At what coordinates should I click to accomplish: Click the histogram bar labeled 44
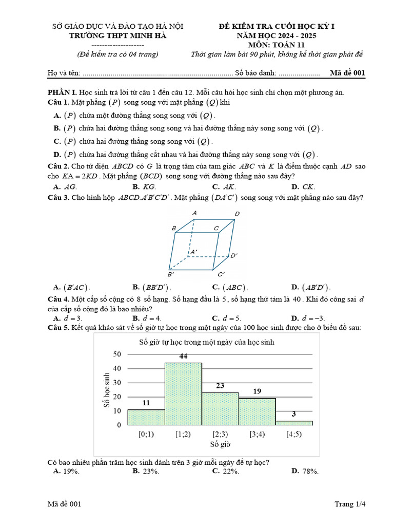(183, 393)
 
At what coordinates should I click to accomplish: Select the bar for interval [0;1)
(146, 417)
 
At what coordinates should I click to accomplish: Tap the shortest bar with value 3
(294, 423)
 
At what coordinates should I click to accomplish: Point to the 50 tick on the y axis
(116, 354)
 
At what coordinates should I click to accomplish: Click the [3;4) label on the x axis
(257, 434)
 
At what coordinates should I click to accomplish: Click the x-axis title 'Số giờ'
(220, 443)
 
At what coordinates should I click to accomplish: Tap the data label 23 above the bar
(220, 385)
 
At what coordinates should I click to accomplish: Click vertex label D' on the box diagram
(233, 255)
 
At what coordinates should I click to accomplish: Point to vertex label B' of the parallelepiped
(171, 274)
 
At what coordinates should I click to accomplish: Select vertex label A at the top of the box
(194, 213)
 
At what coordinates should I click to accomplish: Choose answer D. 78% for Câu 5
(305, 471)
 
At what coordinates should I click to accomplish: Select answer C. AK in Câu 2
(224, 187)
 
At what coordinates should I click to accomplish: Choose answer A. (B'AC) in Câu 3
(72, 288)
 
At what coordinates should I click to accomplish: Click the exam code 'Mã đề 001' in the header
(347, 73)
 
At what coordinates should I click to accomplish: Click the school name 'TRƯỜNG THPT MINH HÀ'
(119, 35)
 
